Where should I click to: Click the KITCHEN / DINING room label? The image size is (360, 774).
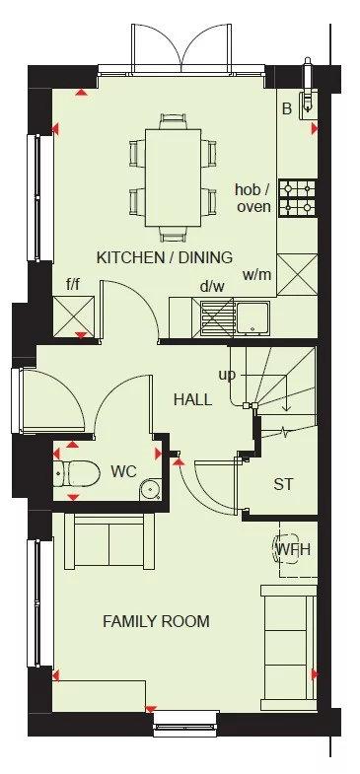click(x=165, y=257)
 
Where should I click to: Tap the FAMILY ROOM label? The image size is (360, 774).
click(x=157, y=621)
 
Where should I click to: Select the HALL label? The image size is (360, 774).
click(x=192, y=399)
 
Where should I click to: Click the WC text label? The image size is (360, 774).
click(x=123, y=470)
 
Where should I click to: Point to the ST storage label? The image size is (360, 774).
click(x=284, y=484)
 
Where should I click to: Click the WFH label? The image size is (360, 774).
click(x=292, y=548)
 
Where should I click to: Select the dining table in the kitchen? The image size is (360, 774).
click(x=173, y=177)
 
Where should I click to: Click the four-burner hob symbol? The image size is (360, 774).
click(x=297, y=197)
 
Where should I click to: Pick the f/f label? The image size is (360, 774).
click(x=73, y=284)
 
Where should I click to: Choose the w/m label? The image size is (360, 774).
click(x=255, y=275)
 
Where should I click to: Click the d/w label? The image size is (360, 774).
click(x=212, y=287)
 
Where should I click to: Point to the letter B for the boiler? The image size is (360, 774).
click(x=287, y=108)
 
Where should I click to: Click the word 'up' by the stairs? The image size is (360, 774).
click(x=227, y=375)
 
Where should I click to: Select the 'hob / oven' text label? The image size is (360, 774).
click(x=253, y=198)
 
